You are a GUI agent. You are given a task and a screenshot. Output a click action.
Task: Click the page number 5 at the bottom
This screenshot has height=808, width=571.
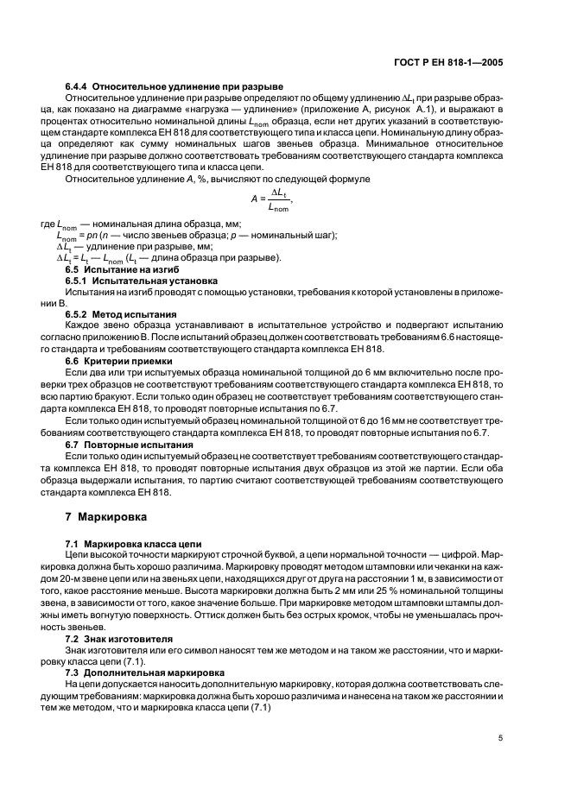click(501, 738)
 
